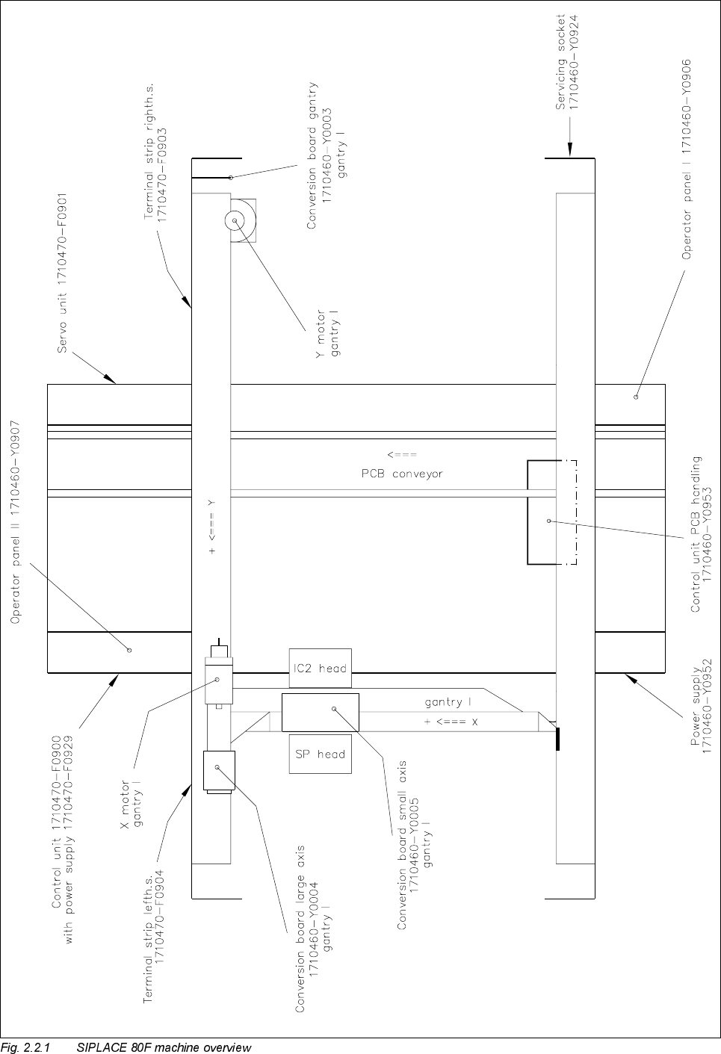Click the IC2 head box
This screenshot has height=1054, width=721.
coord(320,668)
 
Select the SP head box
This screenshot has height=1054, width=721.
coord(320,754)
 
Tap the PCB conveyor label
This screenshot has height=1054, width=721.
coord(397,473)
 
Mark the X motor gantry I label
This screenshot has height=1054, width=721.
coord(131,803)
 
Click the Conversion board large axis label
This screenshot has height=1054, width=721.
coord(314,929)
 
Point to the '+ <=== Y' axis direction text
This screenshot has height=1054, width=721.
coord(212,525)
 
